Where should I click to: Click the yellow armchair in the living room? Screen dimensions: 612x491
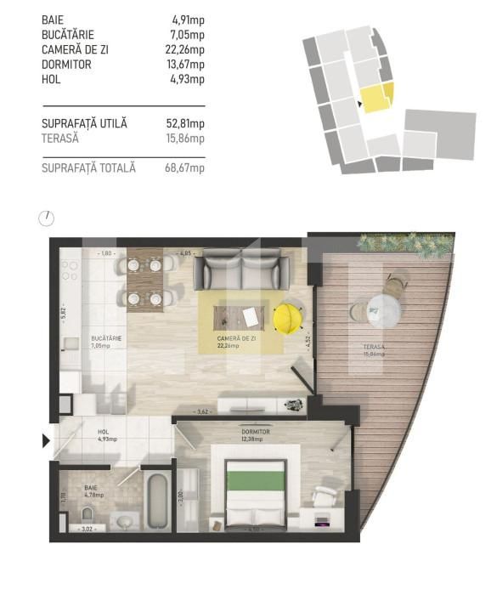tap(288, 317)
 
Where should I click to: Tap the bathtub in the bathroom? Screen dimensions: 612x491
tap(156, 501)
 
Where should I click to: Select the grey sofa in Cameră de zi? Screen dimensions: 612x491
tap(241, 273)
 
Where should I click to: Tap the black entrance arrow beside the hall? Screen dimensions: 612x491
tap(46, 440)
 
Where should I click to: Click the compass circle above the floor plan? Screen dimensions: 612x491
tap(47, 218)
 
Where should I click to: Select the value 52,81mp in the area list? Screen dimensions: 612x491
tap(185, 124)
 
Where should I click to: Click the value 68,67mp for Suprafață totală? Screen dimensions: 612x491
tap(185, 168)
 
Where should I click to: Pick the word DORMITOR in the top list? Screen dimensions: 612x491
tap(66, 65)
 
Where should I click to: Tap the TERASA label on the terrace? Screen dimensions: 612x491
tap(371, 348)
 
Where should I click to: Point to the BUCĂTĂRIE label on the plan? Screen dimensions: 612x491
tap(107, 338)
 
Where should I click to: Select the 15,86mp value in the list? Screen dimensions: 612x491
tap(185, 138)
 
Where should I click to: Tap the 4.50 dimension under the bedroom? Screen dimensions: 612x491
tap(253, 530)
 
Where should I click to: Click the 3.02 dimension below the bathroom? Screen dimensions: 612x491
tap(86, 530)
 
